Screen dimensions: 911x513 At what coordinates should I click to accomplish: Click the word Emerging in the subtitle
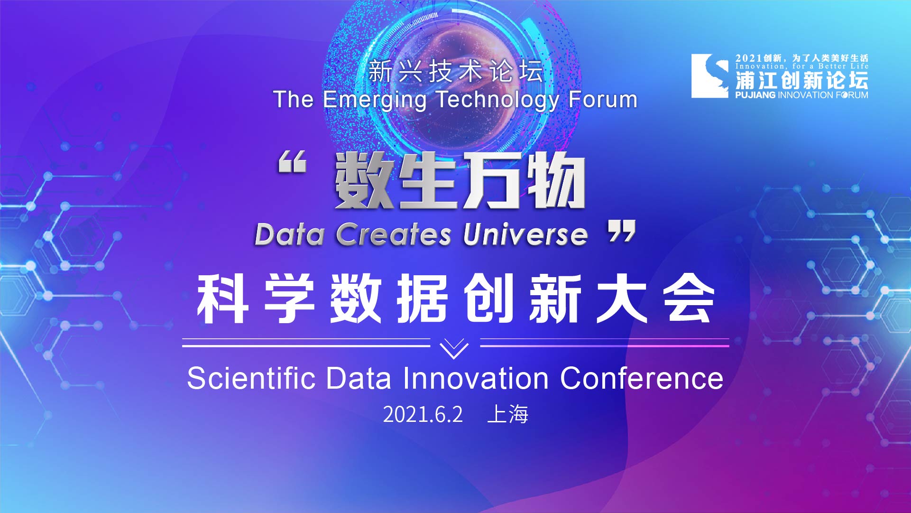coord(375,101)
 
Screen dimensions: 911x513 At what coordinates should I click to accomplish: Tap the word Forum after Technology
coord(603,99)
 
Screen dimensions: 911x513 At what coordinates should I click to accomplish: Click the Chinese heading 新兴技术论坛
coord(456,71)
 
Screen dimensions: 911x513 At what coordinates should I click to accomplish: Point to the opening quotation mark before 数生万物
coord(292,161)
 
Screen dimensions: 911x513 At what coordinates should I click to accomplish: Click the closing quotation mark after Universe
coord(622,231)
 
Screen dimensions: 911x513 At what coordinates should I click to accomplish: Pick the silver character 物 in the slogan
coord(555,181)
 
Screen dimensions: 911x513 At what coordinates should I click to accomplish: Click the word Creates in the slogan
coord(393,234)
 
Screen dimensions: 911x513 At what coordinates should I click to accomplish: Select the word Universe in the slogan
coord(525,234)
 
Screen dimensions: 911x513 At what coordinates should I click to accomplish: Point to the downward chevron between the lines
coord(454,349)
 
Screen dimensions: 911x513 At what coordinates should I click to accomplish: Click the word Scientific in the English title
coord(251,378)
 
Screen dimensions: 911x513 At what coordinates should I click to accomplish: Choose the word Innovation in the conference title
coord(476,378)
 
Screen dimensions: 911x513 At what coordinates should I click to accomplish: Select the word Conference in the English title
coord(642,378)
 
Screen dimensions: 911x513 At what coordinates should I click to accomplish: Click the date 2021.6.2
coord(423,415)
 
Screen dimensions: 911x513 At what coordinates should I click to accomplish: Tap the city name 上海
coord(508,414)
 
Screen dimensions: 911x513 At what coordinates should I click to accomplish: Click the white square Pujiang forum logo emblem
coord(709,76)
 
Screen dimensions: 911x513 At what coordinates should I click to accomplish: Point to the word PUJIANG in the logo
coord(755,95)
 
